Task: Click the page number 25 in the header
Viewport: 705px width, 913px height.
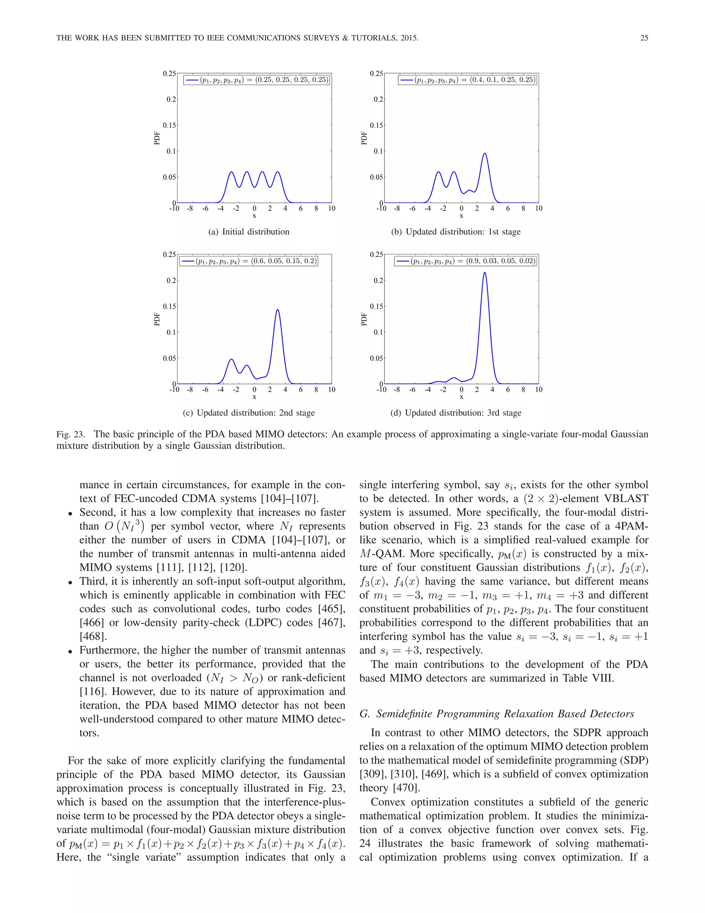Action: [x=644, y=38]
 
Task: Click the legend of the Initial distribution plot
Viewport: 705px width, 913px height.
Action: [x=256, y=80]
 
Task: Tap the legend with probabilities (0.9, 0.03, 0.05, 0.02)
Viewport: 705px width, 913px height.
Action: [x=465, y=261]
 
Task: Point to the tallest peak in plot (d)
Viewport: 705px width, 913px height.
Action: [x=484, y=273]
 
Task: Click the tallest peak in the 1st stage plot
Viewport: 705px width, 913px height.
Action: [x=484, y=154]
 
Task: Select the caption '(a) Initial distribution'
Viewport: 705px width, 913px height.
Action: [x=249, y=232]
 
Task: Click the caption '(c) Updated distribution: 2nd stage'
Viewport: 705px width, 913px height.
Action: [x=249, y=413]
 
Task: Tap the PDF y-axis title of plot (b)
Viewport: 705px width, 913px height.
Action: [x=364, y=138]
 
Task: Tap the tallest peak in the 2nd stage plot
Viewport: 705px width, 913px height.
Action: [x=278, y=310]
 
